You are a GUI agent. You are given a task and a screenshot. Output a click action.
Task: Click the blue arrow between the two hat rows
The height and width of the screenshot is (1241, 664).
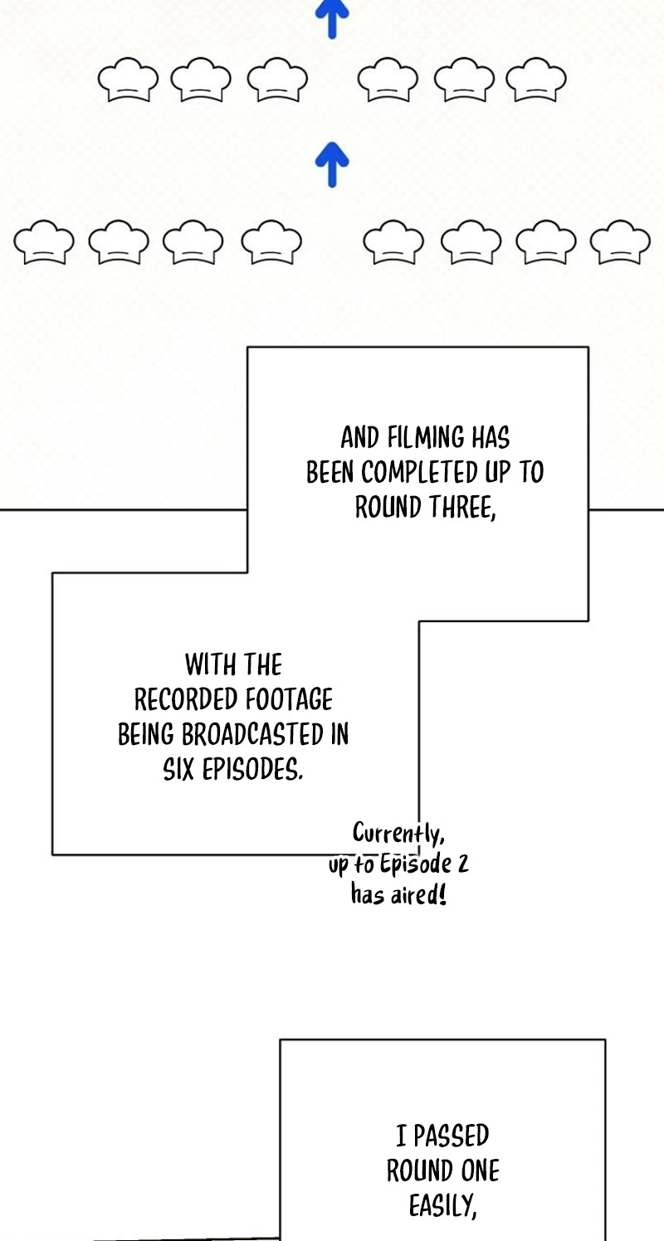point(332,164)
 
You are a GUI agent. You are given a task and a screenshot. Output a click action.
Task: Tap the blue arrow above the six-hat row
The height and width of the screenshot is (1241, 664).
point(332,19)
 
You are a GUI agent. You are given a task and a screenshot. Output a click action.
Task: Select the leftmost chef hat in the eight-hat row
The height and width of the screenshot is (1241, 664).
point(44,241)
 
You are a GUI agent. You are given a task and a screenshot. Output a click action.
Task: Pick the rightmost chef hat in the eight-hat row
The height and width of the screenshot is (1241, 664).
point(620,241)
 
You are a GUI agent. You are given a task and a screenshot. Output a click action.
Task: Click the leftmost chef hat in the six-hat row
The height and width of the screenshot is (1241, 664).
point(128,80)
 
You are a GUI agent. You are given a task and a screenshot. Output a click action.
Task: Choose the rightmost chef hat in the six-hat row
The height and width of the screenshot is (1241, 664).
point(536,80)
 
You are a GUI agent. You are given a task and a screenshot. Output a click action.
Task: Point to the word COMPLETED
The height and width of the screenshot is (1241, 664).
point(420,473)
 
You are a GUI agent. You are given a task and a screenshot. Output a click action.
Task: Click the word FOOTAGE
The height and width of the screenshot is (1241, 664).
point(289,700)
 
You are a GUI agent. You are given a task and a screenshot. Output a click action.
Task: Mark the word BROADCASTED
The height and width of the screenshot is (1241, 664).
point(253,735)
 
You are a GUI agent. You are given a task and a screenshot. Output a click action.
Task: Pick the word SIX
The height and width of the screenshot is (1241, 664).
point(178,770)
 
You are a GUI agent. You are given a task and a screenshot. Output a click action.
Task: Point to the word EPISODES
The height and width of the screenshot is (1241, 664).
point(252,770)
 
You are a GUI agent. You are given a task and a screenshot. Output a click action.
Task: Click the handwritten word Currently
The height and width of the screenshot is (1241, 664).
point(398,833)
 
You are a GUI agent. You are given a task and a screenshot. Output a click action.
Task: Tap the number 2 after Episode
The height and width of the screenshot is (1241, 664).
point(463,864)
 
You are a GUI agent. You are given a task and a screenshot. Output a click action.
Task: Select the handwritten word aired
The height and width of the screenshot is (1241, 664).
point(419,894)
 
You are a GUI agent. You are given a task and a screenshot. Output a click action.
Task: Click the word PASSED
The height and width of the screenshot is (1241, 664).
point(452,1136)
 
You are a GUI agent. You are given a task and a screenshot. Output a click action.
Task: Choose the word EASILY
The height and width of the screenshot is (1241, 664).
point(443,1206)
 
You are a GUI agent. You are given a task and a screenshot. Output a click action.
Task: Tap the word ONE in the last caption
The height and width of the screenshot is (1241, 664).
point(472,1171)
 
